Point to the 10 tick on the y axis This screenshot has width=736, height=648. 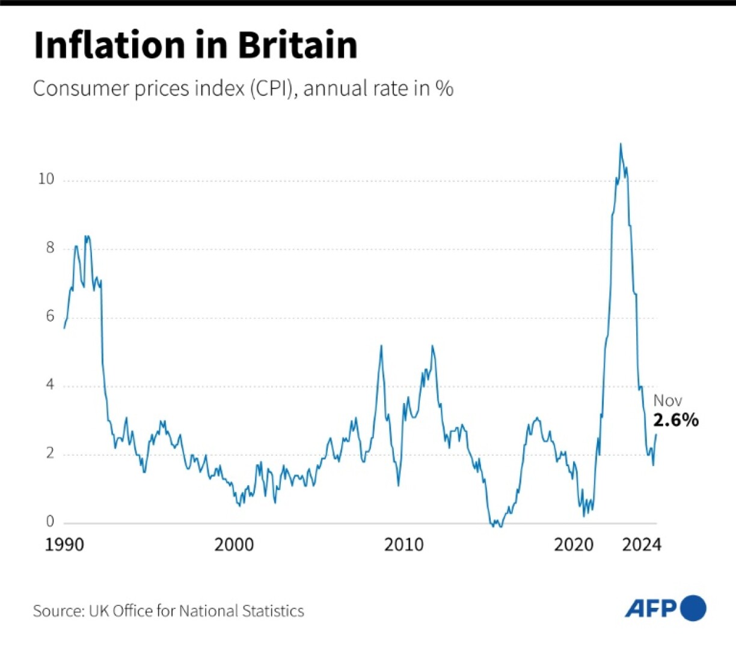[46, 179]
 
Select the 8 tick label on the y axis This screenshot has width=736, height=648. [50, 247]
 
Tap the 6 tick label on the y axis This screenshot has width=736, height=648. [50, 316]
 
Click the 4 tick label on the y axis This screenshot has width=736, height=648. [50, 384]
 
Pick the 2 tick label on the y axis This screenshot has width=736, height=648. [50, 453]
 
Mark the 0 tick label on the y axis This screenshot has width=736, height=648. [50, 522]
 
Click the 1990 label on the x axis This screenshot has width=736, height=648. [64, 545]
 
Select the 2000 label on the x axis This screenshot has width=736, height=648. [234, 545]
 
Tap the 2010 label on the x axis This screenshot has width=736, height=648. [404, 545]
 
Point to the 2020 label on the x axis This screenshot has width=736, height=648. [574, 545]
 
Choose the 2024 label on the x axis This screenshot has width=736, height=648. [642, 545]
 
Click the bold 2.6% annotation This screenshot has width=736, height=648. [676, 420]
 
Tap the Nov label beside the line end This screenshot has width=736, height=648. [667, 401]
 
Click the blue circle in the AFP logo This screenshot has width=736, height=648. [693, 608]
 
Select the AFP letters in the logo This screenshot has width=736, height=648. [652, 609]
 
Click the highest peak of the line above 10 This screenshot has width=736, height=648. [621, 144]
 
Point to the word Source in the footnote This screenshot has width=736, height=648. [58, 611]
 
